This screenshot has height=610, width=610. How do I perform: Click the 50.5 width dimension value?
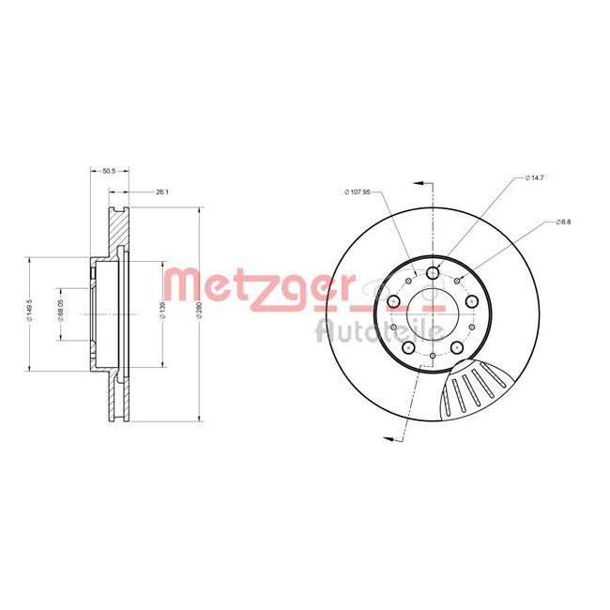(108, 171)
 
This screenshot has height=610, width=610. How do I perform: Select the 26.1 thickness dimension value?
(161, 191)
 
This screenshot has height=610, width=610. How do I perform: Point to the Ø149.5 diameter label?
(32, 312)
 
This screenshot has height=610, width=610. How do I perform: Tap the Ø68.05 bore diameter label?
(59, 313)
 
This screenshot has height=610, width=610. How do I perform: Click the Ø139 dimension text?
(162, 313)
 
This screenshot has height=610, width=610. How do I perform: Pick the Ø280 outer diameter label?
(199, 313)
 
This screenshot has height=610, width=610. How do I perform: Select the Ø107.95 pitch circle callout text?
(358, 191)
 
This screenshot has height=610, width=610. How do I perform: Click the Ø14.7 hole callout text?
(535, 177)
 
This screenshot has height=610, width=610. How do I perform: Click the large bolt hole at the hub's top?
(433, 272)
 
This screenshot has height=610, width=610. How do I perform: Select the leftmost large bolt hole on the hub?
(393, 301)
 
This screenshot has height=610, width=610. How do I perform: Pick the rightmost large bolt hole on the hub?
(472, 301)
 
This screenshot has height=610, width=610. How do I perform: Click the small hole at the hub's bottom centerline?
(432, 356)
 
